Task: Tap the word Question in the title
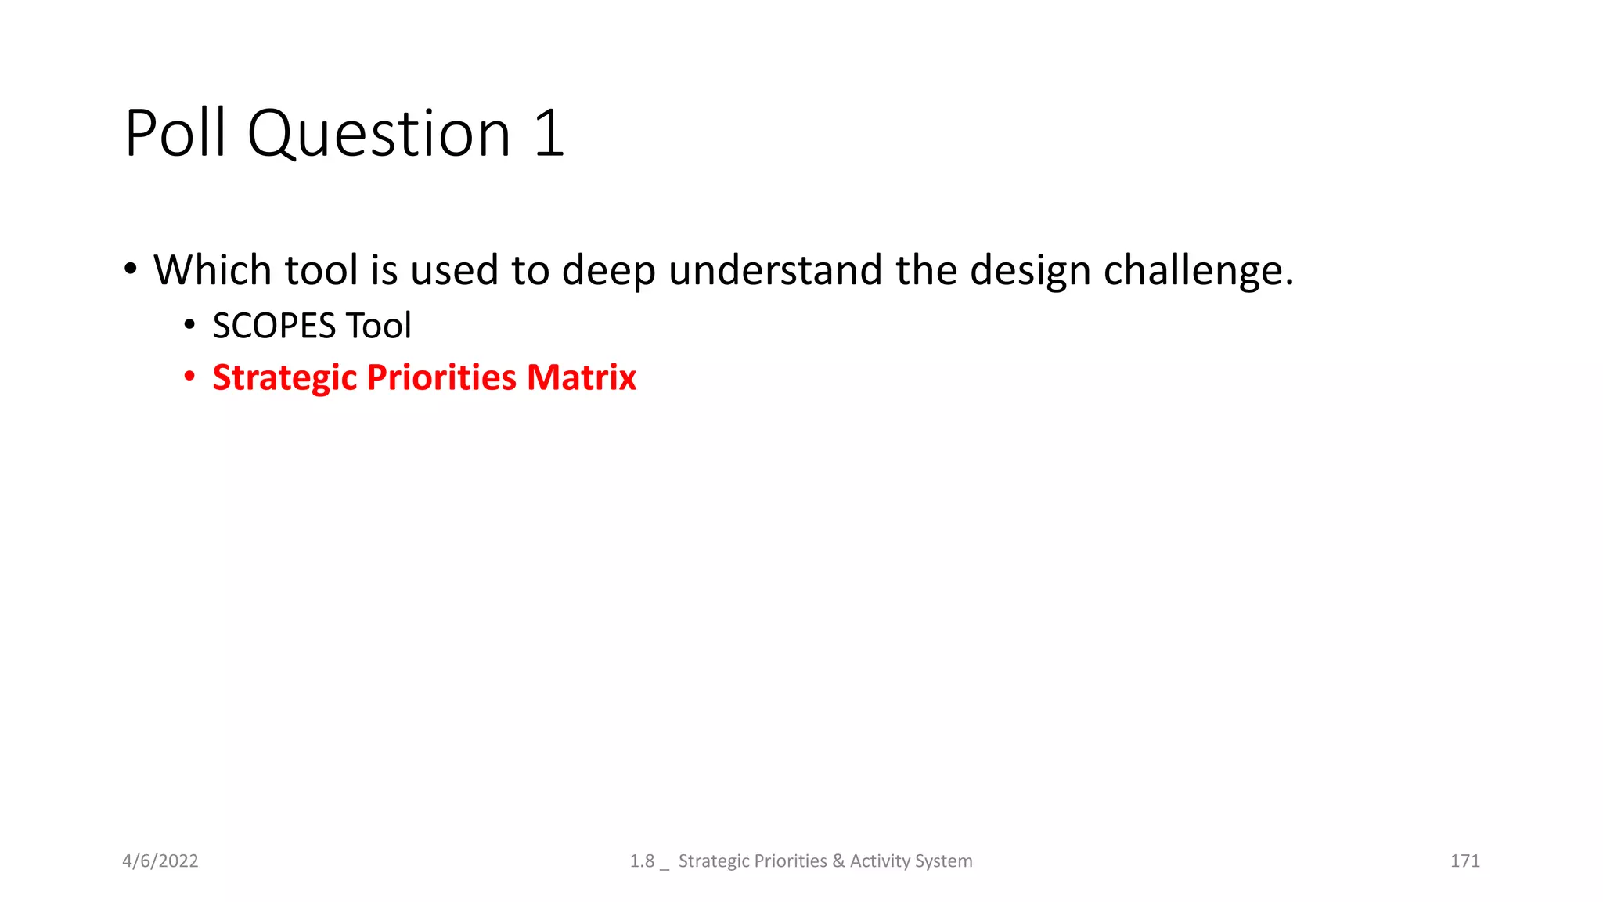[x=380, y=133]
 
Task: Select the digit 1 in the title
[x=549, y=133]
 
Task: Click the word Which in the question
[x=212, y=270]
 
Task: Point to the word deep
[x=608, y=270]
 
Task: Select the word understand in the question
[x=775, y=270]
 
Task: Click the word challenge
[x=1198, y=270]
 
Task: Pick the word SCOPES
[x=274, y=326]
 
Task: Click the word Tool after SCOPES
[x=379, y=326]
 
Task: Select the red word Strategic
[x=285, y=378]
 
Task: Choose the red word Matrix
[x=582, y=378]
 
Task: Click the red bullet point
[x=189, y=377]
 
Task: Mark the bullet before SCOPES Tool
[x=189, y=325]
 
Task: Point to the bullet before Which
[x=131, y=269]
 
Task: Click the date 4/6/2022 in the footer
[x=160, y=861]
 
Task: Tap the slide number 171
[x=1464, y=861]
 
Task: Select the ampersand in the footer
[x=838, y=861]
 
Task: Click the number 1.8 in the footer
[x=642, y=861]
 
